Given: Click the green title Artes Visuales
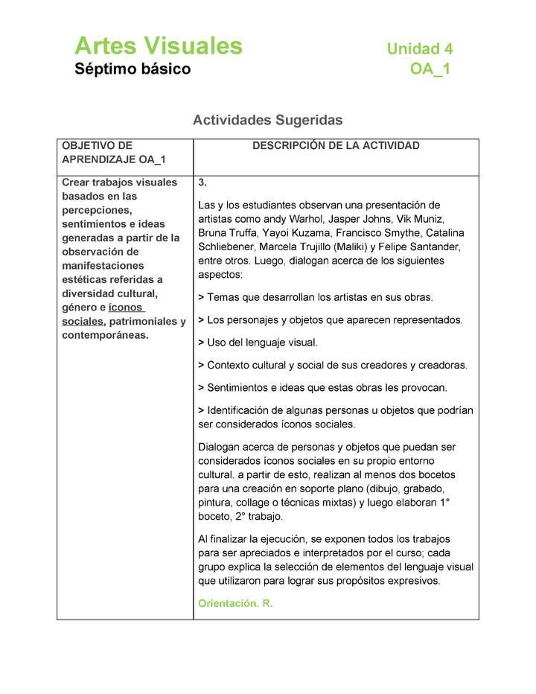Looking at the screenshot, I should [158, 46].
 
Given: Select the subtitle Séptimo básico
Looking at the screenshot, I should [133, 69].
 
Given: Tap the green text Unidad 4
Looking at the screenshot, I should [419, 49].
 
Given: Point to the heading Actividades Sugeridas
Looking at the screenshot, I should [267, 120].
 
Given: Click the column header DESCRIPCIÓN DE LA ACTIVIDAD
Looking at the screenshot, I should [336, 146].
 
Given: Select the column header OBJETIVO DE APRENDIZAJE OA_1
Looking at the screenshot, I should [113, 153].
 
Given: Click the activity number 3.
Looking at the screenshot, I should [202, 182].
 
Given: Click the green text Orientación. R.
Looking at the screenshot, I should [235, 603].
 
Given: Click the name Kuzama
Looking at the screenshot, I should [304, 233].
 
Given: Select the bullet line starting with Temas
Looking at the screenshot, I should [315, 297].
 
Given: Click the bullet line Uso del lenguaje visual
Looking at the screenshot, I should [258, 343].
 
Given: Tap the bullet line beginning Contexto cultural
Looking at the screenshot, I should [332, 365].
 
